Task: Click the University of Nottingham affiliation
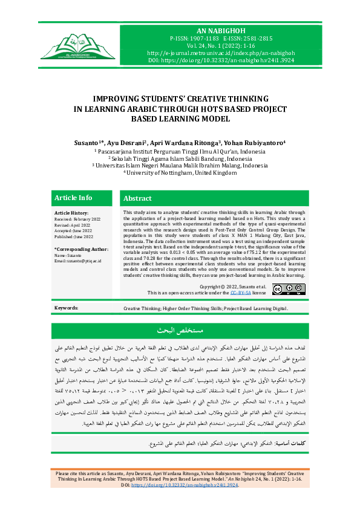[180, 172]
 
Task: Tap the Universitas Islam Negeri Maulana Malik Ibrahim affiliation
[180, 165]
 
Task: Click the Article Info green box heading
[73, 198]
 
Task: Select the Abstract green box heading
[137, 198]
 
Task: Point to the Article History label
[71, 213]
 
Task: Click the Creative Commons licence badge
[285, 290]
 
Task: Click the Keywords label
[66, 308]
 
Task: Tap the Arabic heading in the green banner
[180, 331]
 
